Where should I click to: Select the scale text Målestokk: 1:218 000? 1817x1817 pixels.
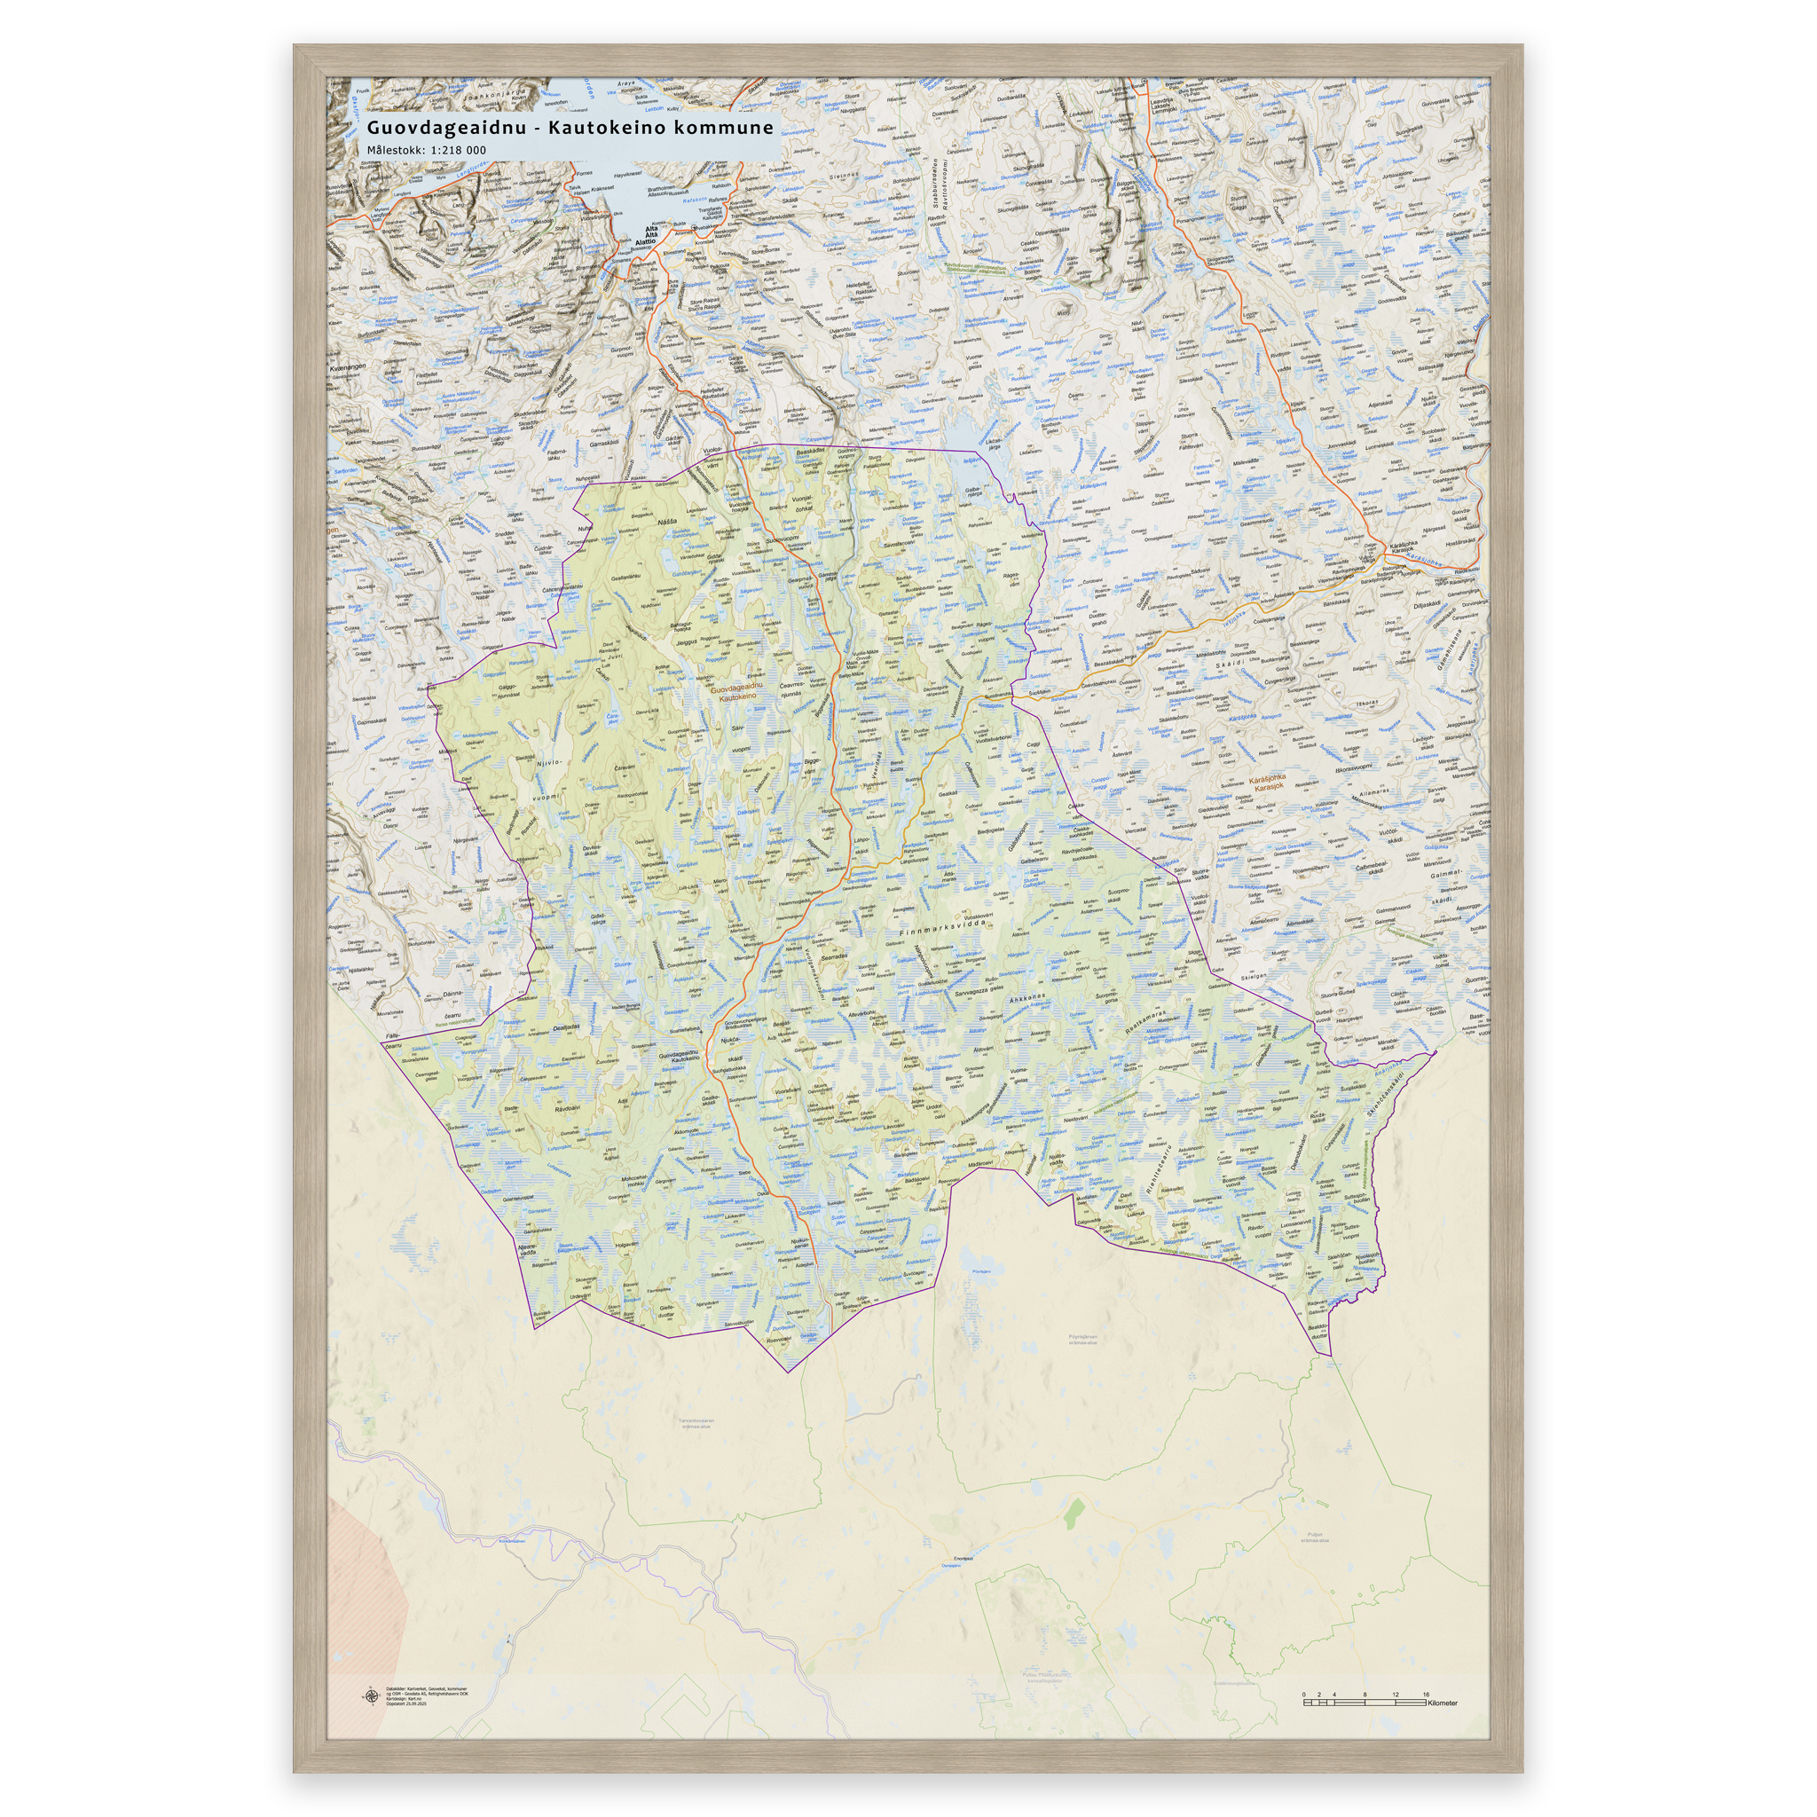(x=426, y=151)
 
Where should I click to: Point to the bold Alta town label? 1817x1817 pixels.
(x=649, y=231)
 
